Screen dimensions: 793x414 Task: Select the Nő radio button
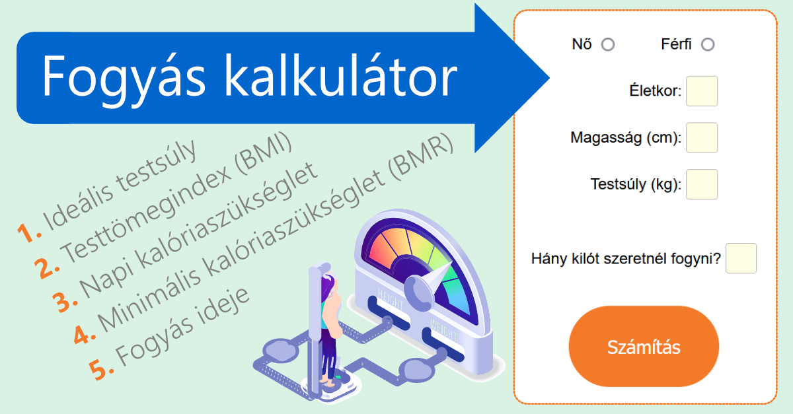click(608, 45)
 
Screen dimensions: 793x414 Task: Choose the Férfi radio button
click(708, 45)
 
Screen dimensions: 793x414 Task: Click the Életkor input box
click(702, 91)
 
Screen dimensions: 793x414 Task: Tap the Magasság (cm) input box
click(702, 137)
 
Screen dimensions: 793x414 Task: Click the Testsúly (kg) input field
click(702, 184)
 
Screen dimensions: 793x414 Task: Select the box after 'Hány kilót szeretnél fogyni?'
click(741, 258)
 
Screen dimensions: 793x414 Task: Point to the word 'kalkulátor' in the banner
click(341, 75)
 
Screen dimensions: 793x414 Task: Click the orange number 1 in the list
click(29, 233)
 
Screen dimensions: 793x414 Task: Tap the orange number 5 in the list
click(101, 369)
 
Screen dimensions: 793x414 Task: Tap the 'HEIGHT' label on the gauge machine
click(391, 300)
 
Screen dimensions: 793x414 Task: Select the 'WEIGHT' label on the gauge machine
click(443, 329)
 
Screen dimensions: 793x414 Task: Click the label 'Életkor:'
click(656, 91)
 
